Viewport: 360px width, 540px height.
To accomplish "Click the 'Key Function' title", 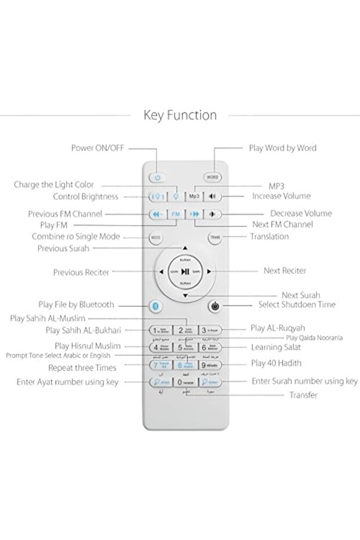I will pos(180,115).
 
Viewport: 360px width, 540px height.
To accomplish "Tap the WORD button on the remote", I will pos(213,177).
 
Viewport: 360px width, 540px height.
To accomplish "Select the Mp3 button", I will pos(194,196).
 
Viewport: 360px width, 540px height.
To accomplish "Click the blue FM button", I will pos(176,213).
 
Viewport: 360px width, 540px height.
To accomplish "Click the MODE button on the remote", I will pos(156,237).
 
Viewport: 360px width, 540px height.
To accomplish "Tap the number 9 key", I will pos(210,365).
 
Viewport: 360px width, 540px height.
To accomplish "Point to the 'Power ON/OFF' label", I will pos(97,148).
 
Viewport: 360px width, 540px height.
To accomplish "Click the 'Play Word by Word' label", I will pos(282,148).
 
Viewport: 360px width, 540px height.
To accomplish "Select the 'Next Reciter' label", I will pos(285,271).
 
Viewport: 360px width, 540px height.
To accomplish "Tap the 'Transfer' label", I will pos(303,395).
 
